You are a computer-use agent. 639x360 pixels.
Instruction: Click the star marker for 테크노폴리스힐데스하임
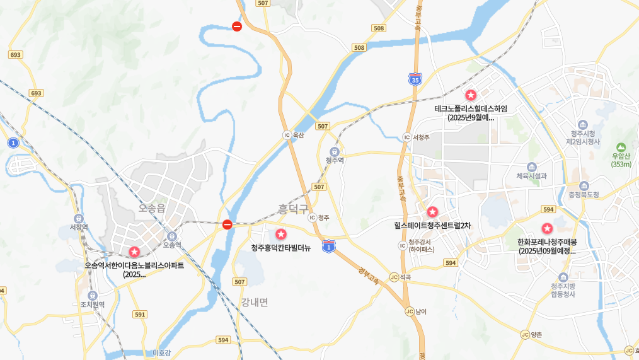point(471,95)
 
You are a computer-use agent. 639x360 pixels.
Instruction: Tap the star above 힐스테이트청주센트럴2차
point(432,212)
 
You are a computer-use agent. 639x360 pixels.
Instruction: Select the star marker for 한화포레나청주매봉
point(547,228)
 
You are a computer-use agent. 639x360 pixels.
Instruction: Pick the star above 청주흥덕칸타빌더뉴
point(281,234)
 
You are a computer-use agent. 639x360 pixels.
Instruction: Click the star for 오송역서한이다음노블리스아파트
point(134,252)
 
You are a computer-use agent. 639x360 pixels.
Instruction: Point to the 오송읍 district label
point(152,207)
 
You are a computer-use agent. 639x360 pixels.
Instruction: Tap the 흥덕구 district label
point(293,209)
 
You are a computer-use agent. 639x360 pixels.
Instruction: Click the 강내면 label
point(254,302)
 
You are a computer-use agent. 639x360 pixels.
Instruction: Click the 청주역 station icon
point(335,151)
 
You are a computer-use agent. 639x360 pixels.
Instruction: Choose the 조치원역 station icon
point(93,295)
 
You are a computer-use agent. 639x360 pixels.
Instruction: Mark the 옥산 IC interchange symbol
point(287,135)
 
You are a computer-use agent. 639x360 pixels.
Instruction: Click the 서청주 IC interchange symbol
point(406,137)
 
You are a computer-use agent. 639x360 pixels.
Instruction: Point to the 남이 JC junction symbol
point(409,311)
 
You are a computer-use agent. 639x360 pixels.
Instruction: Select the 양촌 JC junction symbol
point(524,334)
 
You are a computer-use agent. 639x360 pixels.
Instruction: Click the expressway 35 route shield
point(415,79)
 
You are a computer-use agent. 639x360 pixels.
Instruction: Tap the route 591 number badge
point(140,314)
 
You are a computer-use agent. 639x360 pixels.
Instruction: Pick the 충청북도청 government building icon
point(584,186)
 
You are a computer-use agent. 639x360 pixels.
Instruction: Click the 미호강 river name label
point(162,353)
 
